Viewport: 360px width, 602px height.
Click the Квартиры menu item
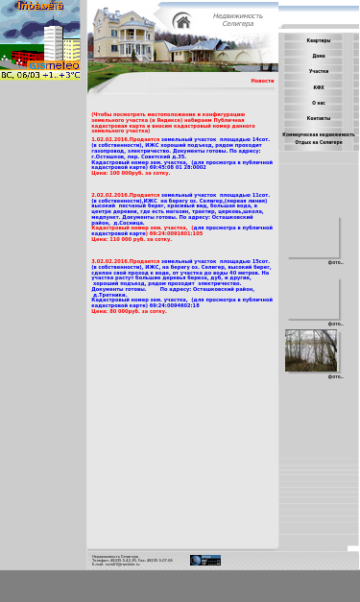[x=318, y=40]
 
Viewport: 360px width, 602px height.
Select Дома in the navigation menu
[x=318, y=56]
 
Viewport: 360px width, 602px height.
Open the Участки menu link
[x=318, y=71]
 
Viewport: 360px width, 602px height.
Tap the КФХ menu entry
[x=318, y=87]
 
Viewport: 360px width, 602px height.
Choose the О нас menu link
[x=318, y=103]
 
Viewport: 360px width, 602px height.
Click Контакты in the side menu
[x=318, y=118]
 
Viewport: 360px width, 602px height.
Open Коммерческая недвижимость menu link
[x=318, y=134]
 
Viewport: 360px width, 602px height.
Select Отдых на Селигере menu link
[x=318, y=142]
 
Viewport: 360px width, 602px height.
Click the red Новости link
[x=262, y=81]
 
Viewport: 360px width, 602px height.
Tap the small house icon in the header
[x=181, y=21]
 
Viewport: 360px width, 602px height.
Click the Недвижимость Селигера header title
[x=237, y=19]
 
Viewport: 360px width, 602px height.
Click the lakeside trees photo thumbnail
[x=311, y=350]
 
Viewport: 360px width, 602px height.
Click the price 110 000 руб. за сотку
[x=132, y=239]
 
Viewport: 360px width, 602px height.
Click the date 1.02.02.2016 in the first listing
[x=108, y=139]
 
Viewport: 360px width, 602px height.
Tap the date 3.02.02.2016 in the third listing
[x=108, y=261]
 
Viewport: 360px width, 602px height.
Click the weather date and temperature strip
[x=40, y=74]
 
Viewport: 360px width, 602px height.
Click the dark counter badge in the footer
[x=205, y=560]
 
